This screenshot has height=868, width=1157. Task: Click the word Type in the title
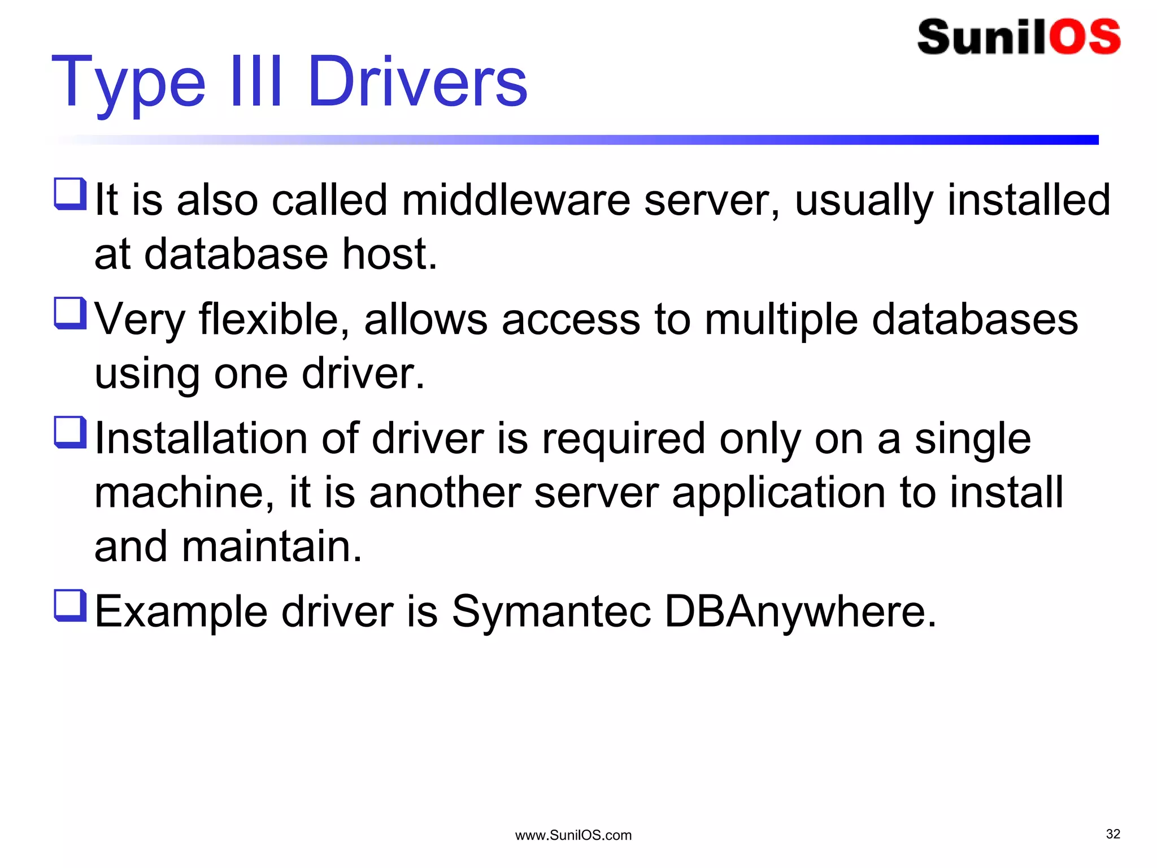click(x=128, y=83)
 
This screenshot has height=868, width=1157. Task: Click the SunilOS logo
click(x=1019, y=37)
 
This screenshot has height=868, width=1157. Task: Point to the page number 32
click(x=1113, y=834)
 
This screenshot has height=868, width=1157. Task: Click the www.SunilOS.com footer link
click(x=573, y=835)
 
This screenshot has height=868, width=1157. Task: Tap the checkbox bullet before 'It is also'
click(x=70, y=194)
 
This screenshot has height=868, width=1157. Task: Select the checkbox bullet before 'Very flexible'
click(x=70, y=313)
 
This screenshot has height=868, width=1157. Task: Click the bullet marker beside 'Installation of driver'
click(x=70, y=432)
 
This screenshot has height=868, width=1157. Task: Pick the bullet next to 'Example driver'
click(x=70, y=605)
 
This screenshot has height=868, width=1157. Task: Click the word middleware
click(x=516, y=200)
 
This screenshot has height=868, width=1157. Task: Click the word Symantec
click(x=551, y=612)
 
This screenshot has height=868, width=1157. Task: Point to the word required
click(x=623, y=440)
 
